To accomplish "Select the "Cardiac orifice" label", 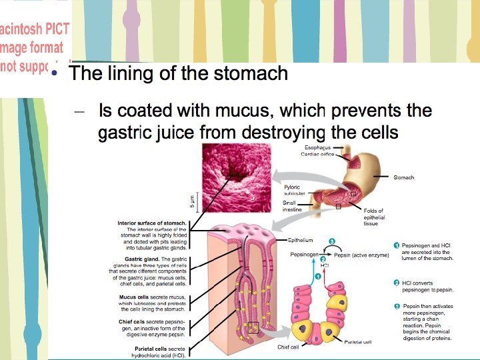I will click(x=319, y=154).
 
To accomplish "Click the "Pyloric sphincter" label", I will click(x=294, y=190).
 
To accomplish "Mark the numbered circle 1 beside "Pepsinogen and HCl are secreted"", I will click(x=397, y=245).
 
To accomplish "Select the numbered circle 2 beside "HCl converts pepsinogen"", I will click(x=397, y=283).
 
